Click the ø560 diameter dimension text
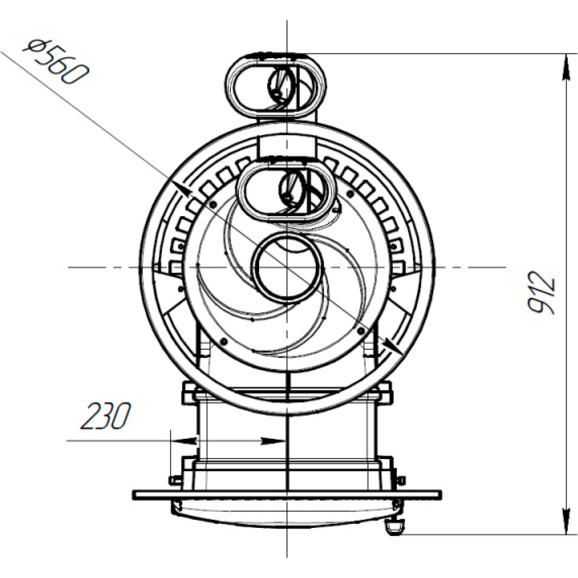[56, 63]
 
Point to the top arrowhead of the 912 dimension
[565, 68]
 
